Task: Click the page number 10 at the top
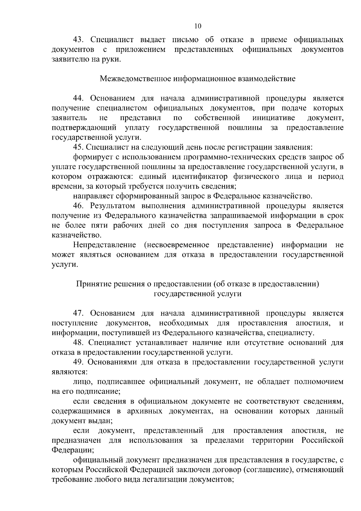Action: point(198,26)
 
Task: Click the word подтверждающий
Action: point(84,128)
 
